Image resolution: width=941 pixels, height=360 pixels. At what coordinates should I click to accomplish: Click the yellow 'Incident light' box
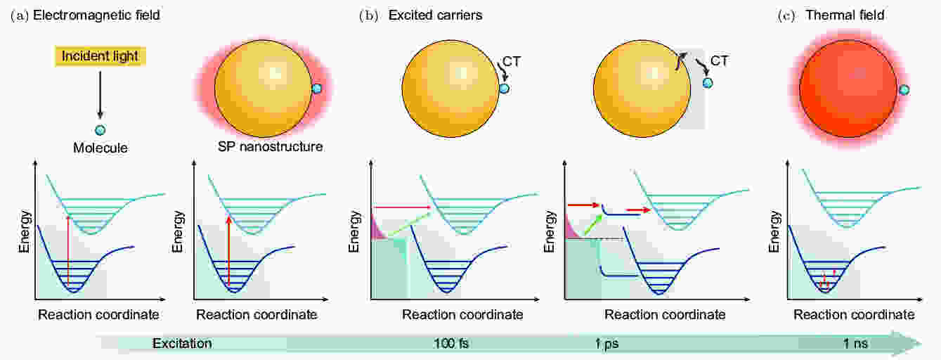(100, 56)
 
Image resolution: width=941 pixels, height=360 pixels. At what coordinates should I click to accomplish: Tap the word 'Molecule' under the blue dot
(100, 148)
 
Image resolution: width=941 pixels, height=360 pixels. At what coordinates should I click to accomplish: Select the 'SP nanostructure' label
(270, 147)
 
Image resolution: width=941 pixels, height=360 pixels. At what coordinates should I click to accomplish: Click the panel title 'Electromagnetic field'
(96, 15)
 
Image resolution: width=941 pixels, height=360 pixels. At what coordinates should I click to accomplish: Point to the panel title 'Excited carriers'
(435, 15)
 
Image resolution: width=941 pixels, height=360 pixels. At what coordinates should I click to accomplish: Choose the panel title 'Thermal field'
(845, 15)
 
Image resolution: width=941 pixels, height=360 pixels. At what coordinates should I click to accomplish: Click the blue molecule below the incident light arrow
(100, 130)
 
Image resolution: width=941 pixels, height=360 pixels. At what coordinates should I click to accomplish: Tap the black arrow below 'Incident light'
(100, 96)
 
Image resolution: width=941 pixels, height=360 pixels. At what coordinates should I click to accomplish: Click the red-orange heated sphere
(848, 89)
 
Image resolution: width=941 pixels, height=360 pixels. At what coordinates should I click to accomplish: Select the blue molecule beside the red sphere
(904, 89)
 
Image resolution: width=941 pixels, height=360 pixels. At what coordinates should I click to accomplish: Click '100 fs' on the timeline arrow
(450, 344)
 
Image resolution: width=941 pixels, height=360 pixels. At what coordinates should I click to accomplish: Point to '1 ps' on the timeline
(607, 344)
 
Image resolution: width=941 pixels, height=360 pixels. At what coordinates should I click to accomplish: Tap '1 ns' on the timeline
(855, 344)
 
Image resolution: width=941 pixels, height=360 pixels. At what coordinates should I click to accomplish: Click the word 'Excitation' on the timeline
(182, 343)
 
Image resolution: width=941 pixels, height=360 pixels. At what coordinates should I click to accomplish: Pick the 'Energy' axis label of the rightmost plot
(774, 231)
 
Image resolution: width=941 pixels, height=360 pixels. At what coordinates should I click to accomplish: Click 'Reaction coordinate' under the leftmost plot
(98, 314)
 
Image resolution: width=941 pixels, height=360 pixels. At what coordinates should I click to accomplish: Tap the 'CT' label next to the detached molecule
(719, 61)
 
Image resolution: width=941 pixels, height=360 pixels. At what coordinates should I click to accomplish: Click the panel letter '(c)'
(786, 16)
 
